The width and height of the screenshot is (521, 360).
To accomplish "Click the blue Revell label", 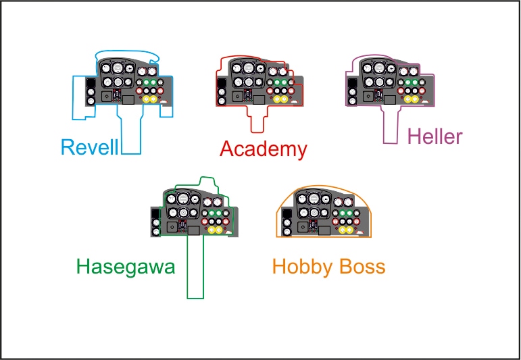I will click(x=89, y=147).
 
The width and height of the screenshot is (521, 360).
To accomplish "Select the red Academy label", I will click(x=264, y=149).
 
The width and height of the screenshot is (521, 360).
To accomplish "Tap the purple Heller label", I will click(x=435, y=136).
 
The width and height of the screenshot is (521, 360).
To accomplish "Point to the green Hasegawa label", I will click(x=126, y=266).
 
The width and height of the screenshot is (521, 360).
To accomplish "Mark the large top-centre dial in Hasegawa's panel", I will click(x=182, y=199).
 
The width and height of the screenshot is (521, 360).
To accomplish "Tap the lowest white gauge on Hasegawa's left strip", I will click(x=156, y=231).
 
